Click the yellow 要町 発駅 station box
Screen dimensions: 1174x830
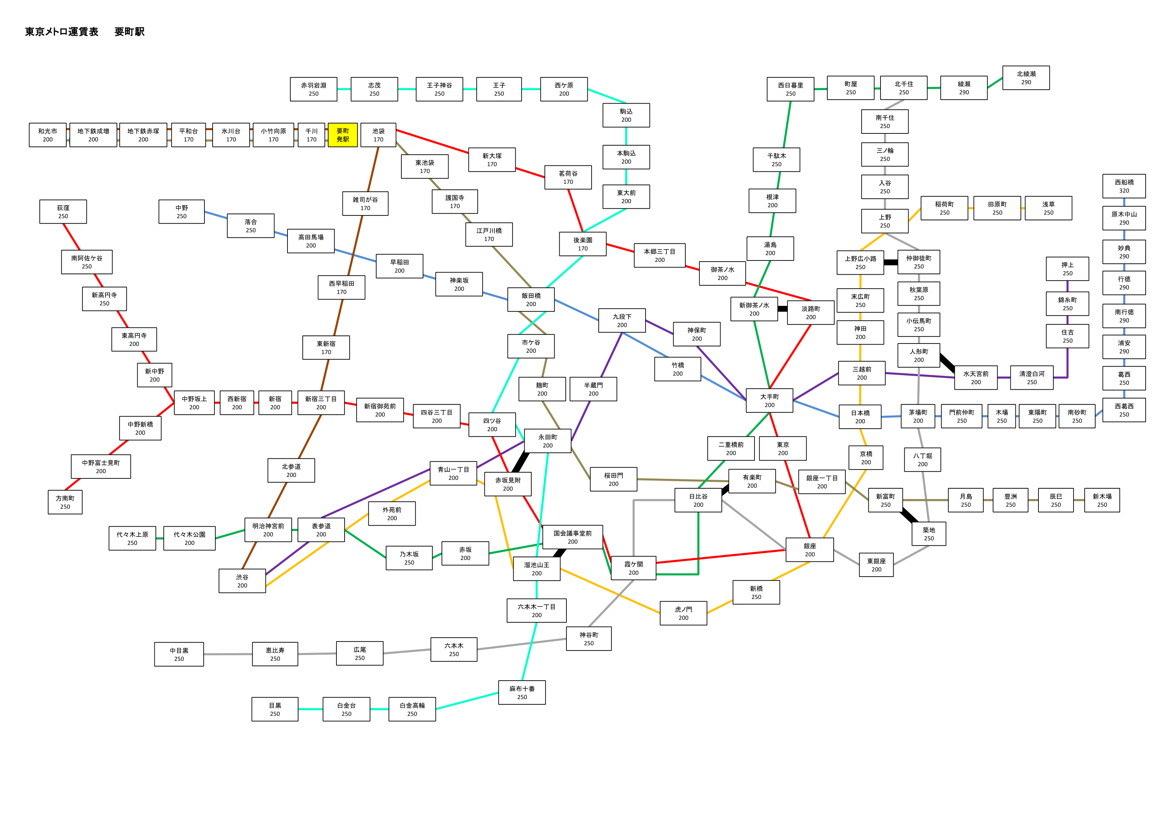point(342,135)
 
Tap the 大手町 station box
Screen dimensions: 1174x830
point(769,400)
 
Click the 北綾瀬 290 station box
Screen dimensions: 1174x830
point(1026,78)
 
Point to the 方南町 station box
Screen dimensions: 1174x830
point(65,502)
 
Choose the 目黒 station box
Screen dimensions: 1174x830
point(275,709)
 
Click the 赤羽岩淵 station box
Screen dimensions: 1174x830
point(313,89)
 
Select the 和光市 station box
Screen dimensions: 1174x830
point(48,135)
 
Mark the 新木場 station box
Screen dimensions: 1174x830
point(1102,500)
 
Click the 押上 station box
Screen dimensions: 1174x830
point(1068,269)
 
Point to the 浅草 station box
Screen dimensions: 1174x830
point(1048,208)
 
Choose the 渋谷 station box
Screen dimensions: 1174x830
point(242,581)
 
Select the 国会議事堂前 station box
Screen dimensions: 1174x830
point(573,537)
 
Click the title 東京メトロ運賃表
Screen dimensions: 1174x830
point(61,32)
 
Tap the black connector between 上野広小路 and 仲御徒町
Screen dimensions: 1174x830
point(891,262)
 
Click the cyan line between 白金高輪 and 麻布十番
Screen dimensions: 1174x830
point(467,700)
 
